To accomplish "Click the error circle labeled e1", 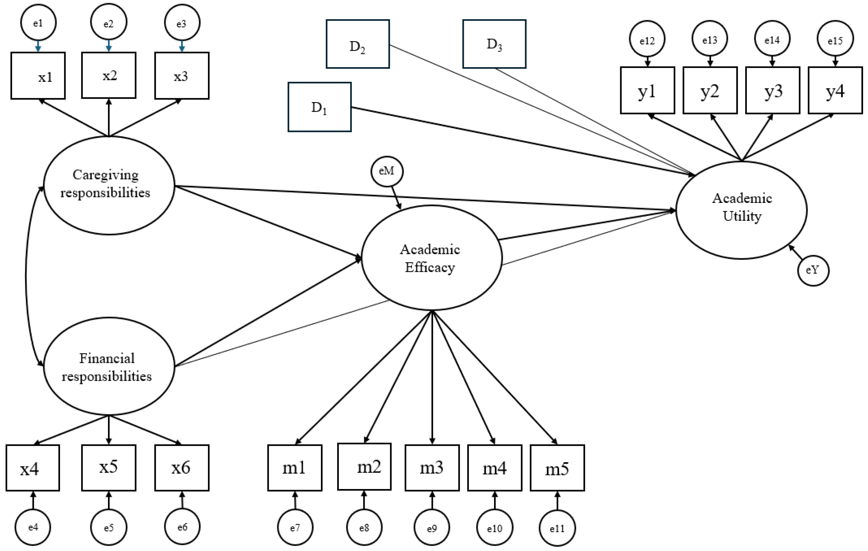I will pos(38,23).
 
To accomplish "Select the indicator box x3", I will pos(182,76).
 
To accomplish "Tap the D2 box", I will pos(358,44).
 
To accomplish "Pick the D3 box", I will pos(494,44).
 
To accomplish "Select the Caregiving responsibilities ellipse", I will pos(109,185).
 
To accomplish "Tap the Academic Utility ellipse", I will pos(742,210).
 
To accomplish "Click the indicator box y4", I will pos(835,90).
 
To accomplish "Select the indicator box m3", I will pos(432,468).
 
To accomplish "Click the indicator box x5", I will pos(109,468).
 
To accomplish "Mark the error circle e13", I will pos(709,39).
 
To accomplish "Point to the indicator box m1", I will pos(294,468).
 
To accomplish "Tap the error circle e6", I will pos(182,527).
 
